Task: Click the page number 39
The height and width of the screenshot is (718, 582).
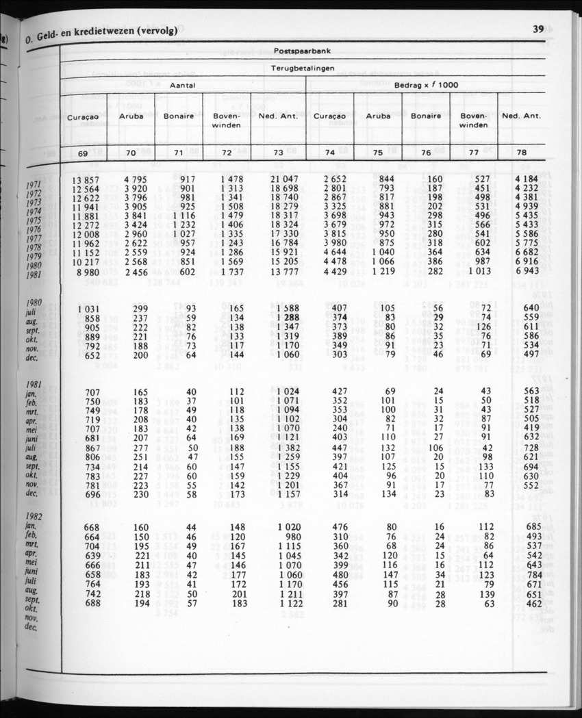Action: point(537,29)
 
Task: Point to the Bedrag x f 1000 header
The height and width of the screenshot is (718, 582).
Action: point(426,85)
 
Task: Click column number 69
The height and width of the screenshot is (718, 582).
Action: point(82,153)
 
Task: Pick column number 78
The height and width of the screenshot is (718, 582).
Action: point(522,153)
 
